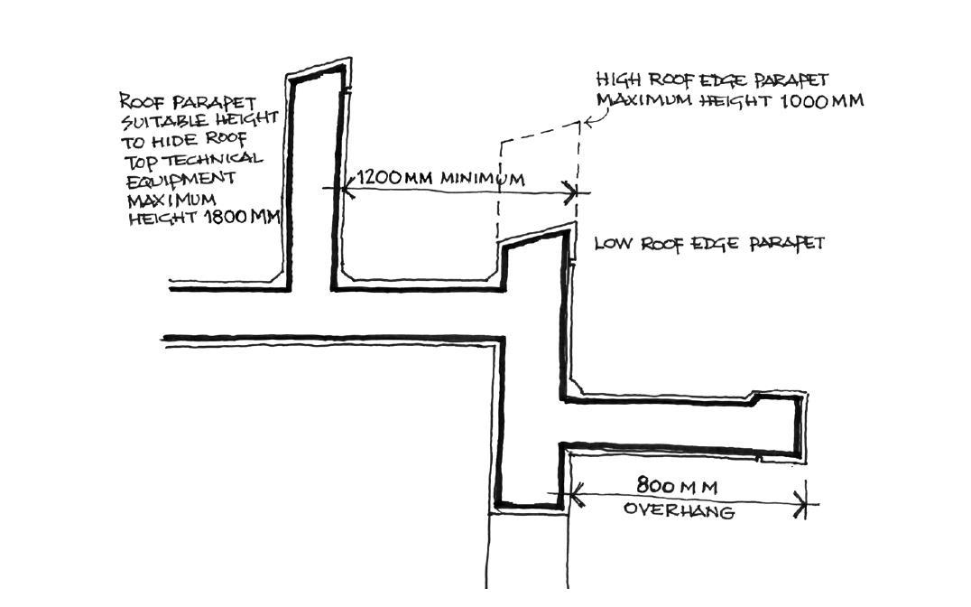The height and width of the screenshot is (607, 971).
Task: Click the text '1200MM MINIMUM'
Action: pos(440,178)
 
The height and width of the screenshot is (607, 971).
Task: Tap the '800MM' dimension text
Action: pos(677,487)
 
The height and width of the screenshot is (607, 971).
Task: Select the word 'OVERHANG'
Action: pos(680,511)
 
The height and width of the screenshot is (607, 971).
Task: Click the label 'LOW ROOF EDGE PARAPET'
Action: pos(709,244)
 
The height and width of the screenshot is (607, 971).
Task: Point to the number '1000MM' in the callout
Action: pos(822,101)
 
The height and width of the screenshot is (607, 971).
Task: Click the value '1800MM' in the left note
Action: pos(242,218)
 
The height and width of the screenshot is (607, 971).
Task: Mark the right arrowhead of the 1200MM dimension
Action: pos(570,191)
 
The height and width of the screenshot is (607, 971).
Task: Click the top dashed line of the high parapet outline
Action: pos(540,131)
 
